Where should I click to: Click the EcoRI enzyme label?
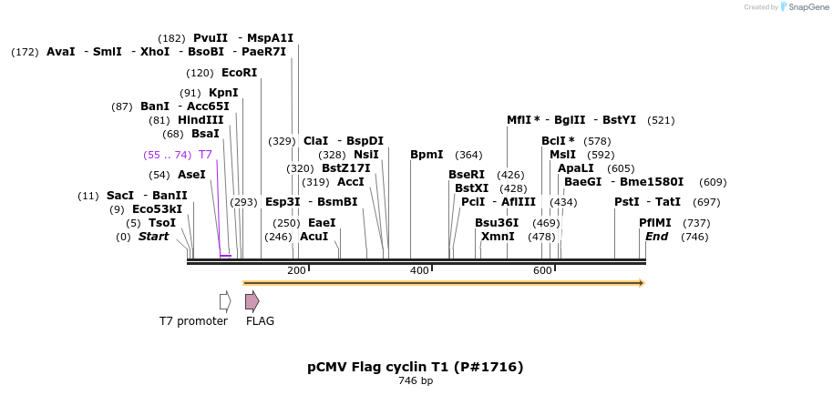[240, 73]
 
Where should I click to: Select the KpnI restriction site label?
[223, 93]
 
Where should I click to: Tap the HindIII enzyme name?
[200, 120]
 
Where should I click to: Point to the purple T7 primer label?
[205, 155]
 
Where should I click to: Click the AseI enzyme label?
[191, 175]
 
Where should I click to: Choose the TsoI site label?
[162, 223]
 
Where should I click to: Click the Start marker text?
[154, 237]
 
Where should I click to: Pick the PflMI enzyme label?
[655, 223]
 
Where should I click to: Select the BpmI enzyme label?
[427, 155]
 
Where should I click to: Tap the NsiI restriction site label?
[366, 155]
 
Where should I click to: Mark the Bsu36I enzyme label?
[497, 223]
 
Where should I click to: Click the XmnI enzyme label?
[498, 237]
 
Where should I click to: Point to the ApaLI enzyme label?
[576, 168]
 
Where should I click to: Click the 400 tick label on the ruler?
[419, 271]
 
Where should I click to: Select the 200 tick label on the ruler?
[296, 271]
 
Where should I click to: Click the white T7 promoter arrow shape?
[225, 300]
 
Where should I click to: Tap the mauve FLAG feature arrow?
[252, 300]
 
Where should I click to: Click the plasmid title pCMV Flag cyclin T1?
[416, 367]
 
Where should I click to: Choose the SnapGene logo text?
[803, 7]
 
